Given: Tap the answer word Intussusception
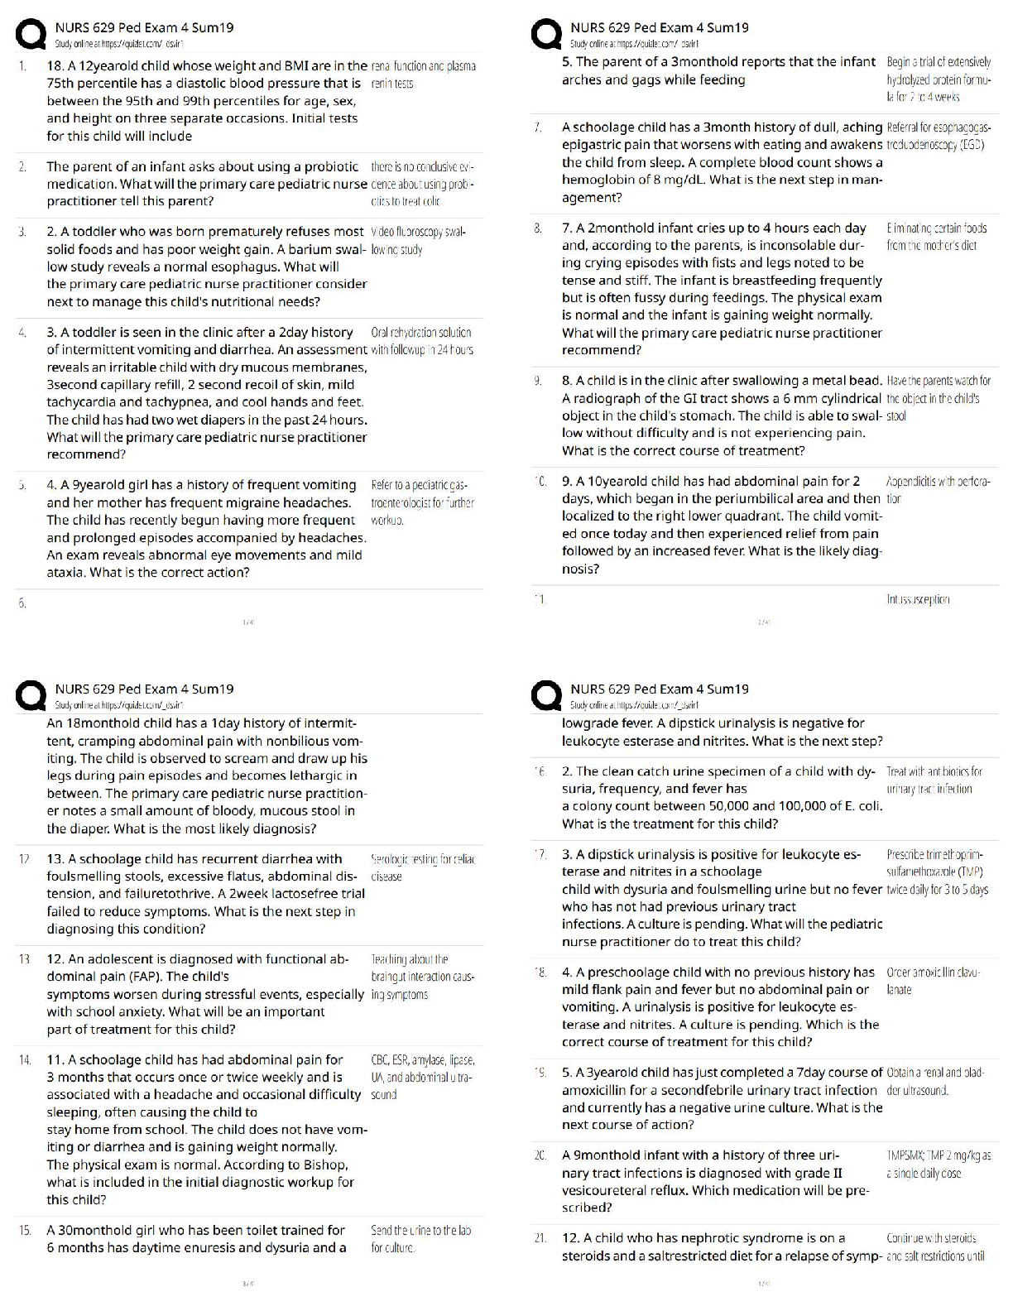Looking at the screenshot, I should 918,599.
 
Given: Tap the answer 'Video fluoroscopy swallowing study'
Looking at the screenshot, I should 419,240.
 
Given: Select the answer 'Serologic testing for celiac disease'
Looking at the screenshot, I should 423,867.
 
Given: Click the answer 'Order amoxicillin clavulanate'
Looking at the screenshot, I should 933,981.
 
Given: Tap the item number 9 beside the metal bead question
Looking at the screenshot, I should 538,381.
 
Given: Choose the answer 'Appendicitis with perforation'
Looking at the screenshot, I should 938,489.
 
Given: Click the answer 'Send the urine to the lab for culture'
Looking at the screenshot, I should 420,1239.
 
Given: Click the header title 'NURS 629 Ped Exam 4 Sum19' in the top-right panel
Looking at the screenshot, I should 659,27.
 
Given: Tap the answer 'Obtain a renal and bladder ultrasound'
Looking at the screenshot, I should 934,1081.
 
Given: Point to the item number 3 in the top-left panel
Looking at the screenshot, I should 23,232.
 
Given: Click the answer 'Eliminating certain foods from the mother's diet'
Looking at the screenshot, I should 936,236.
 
